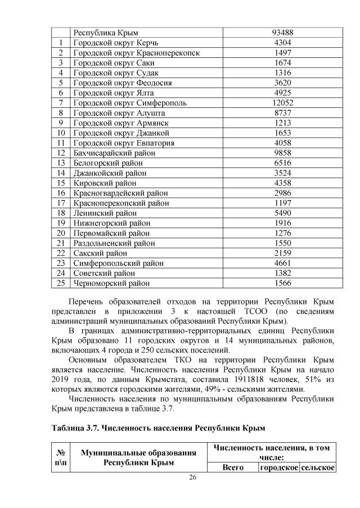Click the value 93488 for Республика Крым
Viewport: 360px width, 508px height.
[282, 33]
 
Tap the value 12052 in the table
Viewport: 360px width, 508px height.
[282, 103]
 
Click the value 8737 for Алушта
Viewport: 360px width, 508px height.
[282, 113]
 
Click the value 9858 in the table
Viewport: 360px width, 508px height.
[282, 153]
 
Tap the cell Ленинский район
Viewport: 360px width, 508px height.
[105, 213]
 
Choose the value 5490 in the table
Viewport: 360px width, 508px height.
[282, 213]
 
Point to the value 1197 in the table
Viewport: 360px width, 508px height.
[282, 203]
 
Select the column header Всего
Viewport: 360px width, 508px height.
[233, 468]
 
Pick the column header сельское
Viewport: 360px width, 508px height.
[318, 468]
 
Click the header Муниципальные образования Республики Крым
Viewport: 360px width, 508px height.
[137, 457]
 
